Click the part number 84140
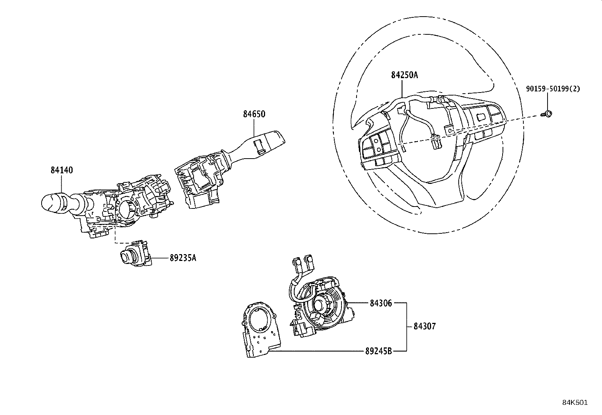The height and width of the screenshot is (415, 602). [x=62, y=170]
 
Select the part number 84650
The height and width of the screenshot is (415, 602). [x=254, y=114]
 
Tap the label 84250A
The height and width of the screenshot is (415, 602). [x=404, y=75]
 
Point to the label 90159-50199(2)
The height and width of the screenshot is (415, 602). [x=552, y=89]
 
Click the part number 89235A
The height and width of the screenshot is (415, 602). [x=183, y=258]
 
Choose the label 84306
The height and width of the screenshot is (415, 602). [x=381, y=303]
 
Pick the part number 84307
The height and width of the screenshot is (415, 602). [x=424, y=326]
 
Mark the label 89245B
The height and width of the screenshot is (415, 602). [x=378, y=351]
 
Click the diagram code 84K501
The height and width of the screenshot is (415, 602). [x=575, y=403]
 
